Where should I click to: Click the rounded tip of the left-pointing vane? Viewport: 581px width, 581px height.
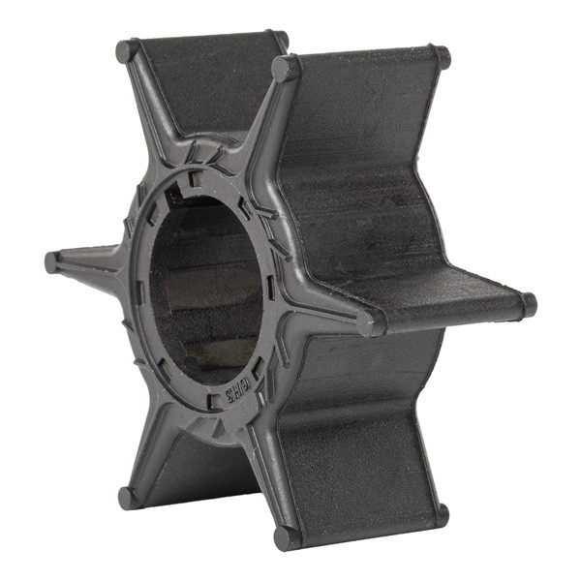pyautogui.click(x=53, y=262)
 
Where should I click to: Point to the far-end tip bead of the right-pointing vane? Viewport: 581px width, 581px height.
pyautogui.click(x=527, y=304)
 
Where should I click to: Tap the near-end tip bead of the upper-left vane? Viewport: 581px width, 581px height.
pyautogui.click(x=128, y=51)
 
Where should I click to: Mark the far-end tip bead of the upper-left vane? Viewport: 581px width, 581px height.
pyautogui.click(x=279, y=40)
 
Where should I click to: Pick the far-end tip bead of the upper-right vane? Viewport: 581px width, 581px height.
pyautogui.click(x=442, y=56)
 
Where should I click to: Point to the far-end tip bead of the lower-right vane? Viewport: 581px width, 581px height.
pyautogui.click(x=441, y=514)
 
